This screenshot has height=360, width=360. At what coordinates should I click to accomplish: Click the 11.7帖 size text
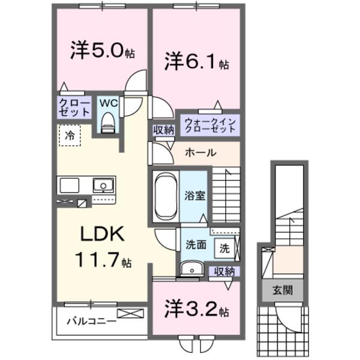point(102,260)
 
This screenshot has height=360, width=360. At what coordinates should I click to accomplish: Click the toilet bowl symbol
point(108,123)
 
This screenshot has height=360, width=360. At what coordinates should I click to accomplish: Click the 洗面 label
point(195,245)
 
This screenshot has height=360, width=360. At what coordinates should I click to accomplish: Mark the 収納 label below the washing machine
point(225,271)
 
